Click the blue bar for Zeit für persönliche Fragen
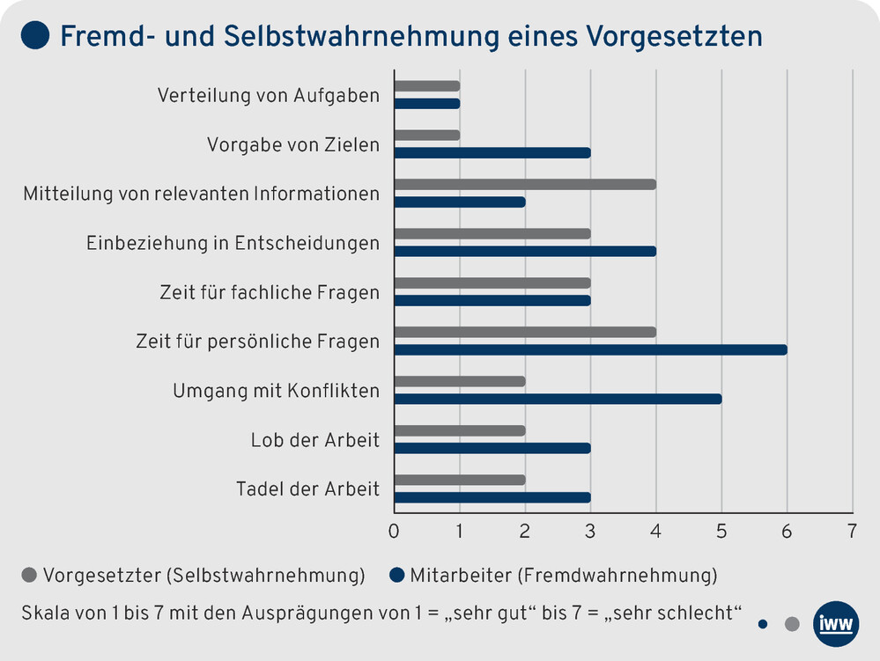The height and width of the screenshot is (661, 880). click(x=590, y=349)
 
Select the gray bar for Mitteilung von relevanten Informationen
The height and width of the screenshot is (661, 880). click(x=525, y=184)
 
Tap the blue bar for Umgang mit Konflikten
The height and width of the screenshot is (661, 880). click(x=558, y=399)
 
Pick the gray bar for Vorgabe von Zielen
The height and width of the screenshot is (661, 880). click(x=427, y=135)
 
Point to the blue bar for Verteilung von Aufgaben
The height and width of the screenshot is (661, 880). click(x=427, y=104)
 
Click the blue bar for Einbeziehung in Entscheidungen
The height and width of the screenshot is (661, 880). click(x=525, y=251)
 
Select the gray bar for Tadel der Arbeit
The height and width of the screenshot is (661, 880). click(x=460, y=480)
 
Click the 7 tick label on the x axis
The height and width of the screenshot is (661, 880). click(x=852, y=532)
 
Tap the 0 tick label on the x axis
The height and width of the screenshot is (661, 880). click(x=394, y=532)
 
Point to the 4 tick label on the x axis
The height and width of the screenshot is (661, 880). click(x=655, y=532)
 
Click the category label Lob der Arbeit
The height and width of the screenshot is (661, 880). click(x=315, y=439)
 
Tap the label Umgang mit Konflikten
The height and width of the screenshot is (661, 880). click(x=277, y=390)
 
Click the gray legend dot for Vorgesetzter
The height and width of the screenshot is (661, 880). click(x=29, y=577)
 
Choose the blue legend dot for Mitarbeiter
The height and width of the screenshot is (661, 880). click(x=396, y=577)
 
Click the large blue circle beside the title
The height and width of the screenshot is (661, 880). click(x=34, y=36)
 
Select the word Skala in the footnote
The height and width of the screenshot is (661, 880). click(x=43, y=613)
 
